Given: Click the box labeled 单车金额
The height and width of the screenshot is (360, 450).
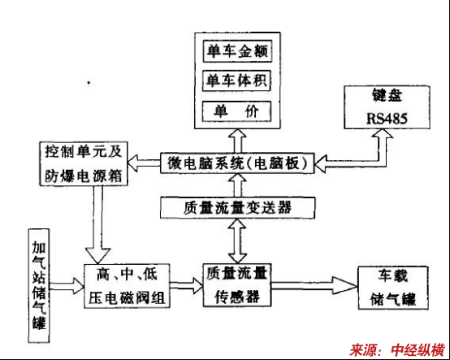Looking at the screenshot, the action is click(x=237, y=51).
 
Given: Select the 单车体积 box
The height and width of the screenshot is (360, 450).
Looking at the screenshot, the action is click(x=236, y=80).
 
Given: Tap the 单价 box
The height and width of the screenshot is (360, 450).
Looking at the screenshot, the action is click(x=236, y=111).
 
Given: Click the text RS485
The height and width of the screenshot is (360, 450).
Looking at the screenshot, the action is click(x=387, y=119).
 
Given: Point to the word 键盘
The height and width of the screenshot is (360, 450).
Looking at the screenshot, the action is click(x=387, y=95).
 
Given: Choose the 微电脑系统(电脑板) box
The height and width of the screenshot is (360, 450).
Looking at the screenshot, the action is click(x=237, y=163).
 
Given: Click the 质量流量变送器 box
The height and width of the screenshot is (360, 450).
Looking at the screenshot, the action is click(x=238, y=207).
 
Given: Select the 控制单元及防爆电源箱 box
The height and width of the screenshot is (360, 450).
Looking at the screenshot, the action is click(x=84, y=163).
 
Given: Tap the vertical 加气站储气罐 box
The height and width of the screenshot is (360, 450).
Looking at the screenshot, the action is click(x=39, y=286).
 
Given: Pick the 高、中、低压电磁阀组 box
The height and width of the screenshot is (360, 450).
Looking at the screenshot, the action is click(x=127, y=286).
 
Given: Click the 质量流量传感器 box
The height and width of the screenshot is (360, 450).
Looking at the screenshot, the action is click(x=237, y=285).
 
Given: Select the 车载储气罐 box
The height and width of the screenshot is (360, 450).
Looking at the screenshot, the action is click(x=393, y=288).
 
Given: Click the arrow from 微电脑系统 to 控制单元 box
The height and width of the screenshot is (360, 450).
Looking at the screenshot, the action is click(x=144, y=163).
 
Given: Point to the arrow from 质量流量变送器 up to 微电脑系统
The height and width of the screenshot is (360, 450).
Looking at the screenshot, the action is click(x=238, y=185).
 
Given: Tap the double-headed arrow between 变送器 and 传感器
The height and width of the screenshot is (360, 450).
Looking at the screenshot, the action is click(x=237, y=241).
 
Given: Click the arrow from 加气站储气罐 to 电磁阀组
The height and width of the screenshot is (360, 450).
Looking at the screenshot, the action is click(x=67, y=286).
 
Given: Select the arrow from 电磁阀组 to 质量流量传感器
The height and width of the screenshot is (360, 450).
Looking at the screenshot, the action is click(x=186, y=286).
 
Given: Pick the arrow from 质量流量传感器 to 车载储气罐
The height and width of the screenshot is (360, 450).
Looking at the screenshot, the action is click(x=314, y=285).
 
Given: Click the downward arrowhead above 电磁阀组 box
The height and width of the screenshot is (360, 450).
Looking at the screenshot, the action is click(x=97, y=255).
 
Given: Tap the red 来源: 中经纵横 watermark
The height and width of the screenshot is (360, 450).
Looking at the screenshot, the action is click(x=397, y=350).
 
